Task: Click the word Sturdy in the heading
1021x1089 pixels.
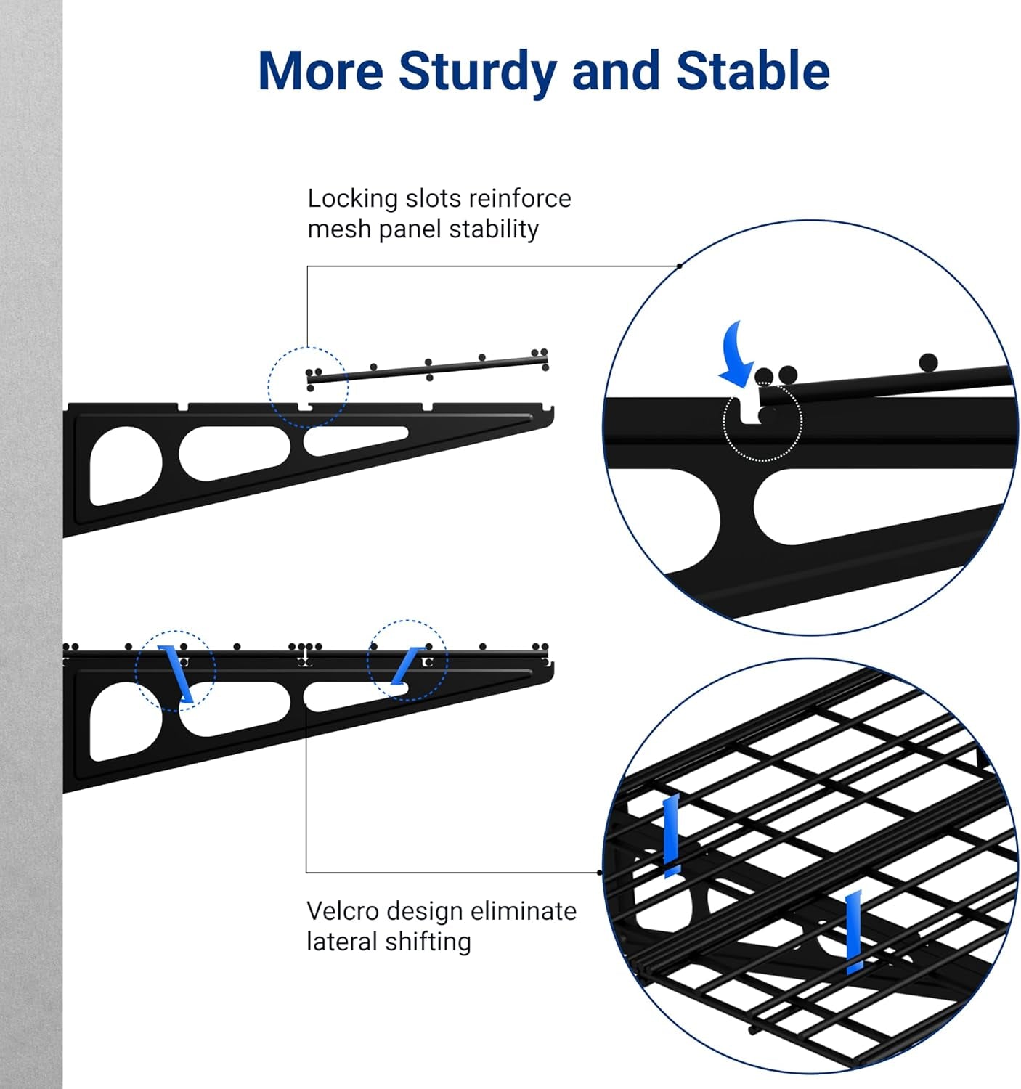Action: (478, 71)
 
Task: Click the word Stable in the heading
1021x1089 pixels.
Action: (752, 70)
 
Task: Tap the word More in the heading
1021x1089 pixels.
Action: (320, 70)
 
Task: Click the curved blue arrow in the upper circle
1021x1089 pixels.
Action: (739, 354)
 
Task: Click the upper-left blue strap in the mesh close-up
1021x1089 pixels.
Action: (671, 835)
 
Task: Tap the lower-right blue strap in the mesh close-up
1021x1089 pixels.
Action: (854, 931)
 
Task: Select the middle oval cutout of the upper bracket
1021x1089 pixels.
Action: (234, 452)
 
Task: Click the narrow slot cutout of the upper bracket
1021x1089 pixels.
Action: (356, 440)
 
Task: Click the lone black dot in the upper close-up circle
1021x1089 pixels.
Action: (927, 362)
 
